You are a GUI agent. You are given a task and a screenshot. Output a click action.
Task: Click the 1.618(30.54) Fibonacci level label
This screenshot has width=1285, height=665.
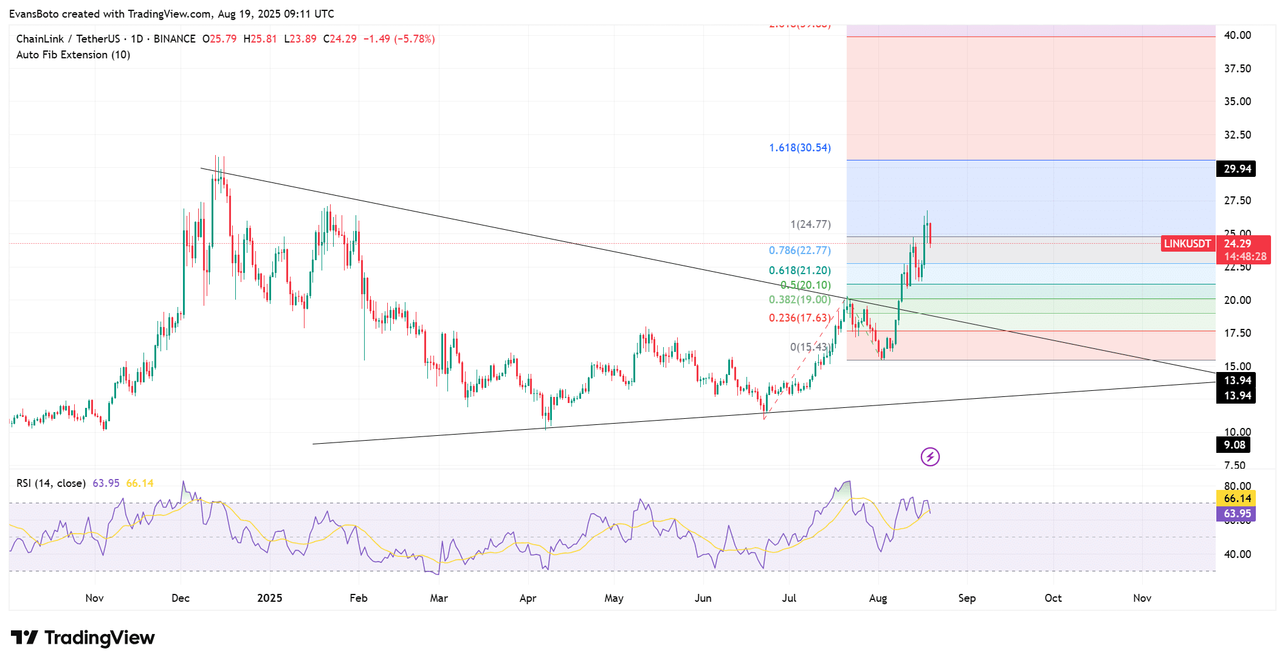pos(799,148)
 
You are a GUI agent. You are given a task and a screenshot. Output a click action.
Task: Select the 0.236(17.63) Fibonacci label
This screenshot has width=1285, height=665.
pos(799,318)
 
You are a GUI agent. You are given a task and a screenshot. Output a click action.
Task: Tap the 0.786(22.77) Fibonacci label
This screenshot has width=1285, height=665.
pos(799,250)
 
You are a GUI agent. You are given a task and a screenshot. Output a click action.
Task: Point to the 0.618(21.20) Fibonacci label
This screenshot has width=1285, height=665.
pos(799,270)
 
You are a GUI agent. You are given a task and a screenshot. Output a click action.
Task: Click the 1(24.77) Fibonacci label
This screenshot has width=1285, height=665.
pos(810,224)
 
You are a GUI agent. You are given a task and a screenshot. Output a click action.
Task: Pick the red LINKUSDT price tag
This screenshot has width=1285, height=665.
pos(1187,244)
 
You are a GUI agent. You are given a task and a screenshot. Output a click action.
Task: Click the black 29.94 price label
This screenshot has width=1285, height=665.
pos(1237,169)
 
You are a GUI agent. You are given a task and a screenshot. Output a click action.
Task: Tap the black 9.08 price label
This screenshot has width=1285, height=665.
pos(1234,445)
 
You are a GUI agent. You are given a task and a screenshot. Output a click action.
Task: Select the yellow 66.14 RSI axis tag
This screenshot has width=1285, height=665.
pos(1237,498)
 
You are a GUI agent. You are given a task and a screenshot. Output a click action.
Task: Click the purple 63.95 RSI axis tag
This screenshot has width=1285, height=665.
pos(1237,514)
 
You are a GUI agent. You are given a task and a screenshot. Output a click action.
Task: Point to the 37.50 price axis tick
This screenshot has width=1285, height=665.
pos(1237,69)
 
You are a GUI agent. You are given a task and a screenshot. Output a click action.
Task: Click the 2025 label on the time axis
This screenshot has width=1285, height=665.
pos(269,598)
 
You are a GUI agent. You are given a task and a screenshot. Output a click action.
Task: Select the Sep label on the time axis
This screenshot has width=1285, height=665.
pos(966,598)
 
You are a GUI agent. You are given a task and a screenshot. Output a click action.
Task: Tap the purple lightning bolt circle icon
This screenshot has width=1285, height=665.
pos(930,457)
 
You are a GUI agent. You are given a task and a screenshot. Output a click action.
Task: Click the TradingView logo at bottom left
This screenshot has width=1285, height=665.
pos(83,638)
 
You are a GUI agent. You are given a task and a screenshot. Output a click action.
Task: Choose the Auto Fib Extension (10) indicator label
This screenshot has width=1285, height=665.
pos(73,55)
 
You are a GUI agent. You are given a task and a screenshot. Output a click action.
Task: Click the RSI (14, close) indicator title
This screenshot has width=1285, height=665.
pos(51,483)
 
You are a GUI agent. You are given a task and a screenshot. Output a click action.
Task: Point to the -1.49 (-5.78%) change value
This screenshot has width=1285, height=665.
pos(399,39)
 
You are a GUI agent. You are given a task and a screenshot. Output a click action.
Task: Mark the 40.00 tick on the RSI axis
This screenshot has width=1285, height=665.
pos(1237,554)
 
